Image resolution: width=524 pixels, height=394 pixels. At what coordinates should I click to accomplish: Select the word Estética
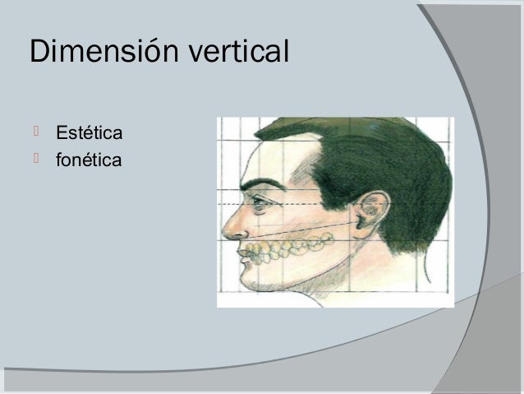(x=90, y=133)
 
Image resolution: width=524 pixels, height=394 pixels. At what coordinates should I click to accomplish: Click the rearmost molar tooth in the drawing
(x=326, y=239)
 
